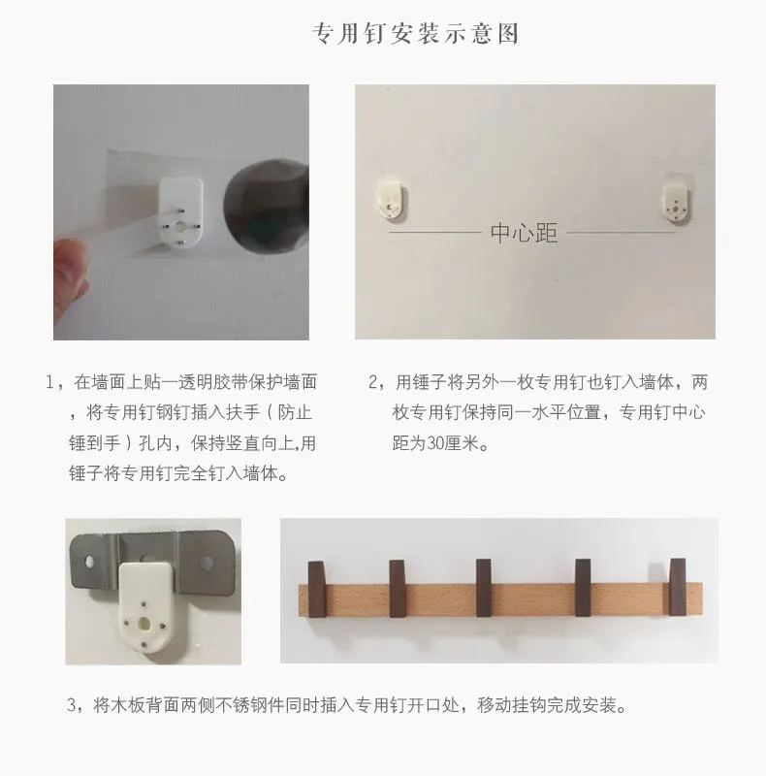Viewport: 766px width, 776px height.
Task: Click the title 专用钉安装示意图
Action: (415, 34)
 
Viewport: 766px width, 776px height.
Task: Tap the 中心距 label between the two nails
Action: (524, 233)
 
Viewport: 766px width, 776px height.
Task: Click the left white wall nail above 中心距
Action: (391, 198)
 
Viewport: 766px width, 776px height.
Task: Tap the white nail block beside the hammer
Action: (179, 212)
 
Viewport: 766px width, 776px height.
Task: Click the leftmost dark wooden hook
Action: (317, 589)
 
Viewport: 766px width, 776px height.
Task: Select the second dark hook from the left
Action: (398, 589)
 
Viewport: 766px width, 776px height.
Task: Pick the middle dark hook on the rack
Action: (484, 588)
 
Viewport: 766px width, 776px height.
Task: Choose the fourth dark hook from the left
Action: (583, 588)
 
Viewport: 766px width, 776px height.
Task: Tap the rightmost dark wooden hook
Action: (678, 587)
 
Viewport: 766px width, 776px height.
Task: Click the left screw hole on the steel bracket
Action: (89, 562)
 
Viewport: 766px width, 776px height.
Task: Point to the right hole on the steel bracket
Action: (205, 563)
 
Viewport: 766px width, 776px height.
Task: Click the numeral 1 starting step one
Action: (49, 382)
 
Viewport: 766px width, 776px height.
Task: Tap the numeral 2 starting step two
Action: (372, 382)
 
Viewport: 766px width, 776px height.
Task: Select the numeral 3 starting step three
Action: (72, 705)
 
